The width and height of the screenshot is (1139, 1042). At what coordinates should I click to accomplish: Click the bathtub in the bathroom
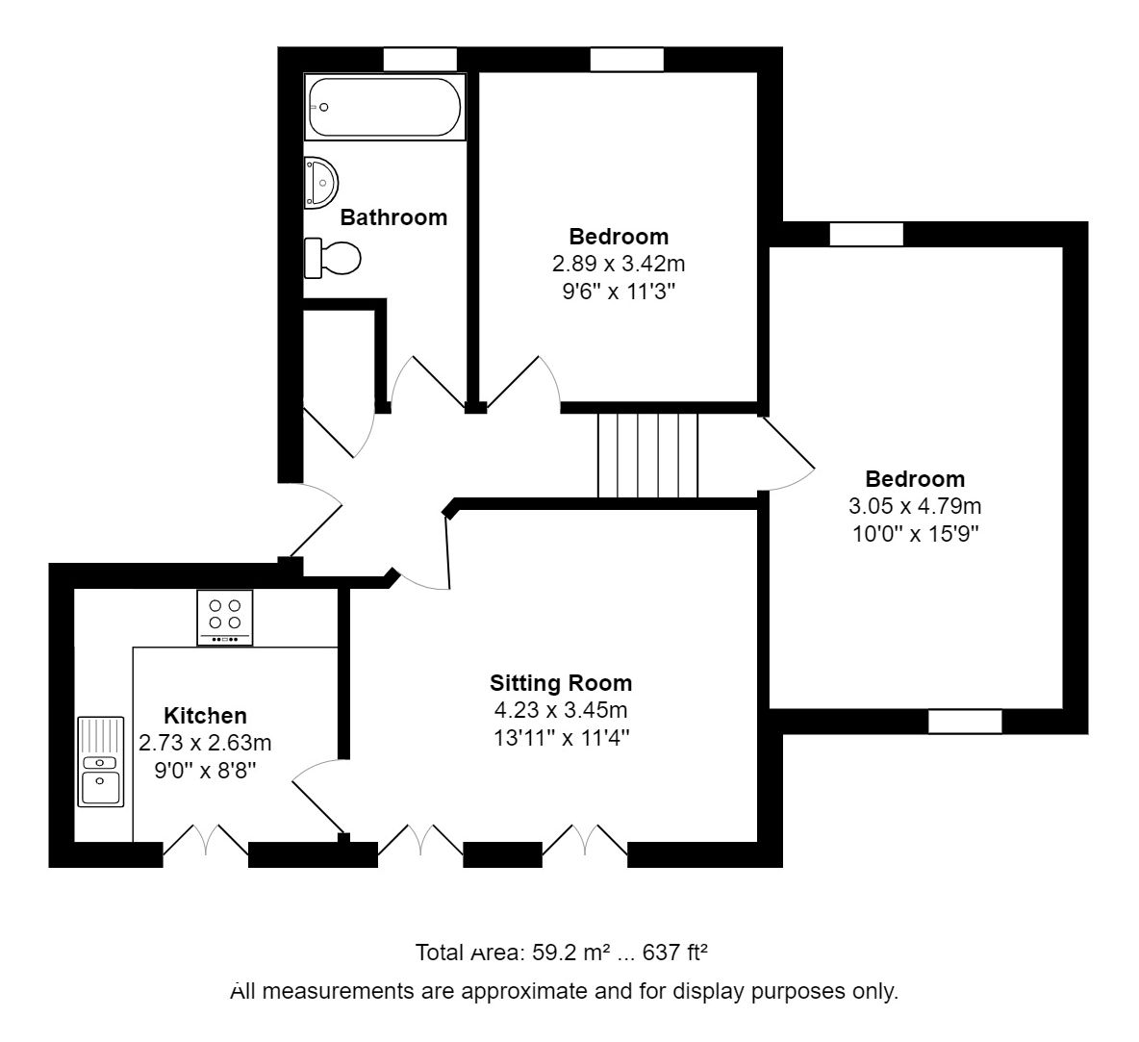pos(385,108)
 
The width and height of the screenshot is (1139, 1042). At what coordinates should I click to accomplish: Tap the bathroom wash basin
pos(321,183)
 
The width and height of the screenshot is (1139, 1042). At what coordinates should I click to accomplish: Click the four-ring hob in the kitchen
pos(225,617)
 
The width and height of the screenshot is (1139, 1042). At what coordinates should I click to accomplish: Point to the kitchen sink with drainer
pos(100,761)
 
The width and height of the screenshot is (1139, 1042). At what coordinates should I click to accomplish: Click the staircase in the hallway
pos(647,455)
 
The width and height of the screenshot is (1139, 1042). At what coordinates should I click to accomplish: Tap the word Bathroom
pos(393,217)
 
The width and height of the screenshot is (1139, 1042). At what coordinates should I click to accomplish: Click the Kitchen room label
pos(205,716)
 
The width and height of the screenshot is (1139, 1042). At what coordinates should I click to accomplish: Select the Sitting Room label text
pos(561,683)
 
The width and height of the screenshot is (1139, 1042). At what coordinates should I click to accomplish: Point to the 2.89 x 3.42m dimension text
pos(618,264)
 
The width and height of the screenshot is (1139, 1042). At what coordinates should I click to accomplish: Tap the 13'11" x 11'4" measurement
pos(561,738)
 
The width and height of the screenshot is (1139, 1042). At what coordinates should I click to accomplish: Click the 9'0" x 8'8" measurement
pos(205,771)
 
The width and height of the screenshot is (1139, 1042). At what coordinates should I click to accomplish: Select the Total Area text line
pos(562,953)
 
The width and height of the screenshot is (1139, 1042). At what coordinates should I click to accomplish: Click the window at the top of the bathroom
pos(419,60)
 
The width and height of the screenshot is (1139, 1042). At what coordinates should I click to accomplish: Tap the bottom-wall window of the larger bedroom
pos(965,722)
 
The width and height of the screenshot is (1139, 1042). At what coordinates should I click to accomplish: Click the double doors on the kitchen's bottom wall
pos(206,840)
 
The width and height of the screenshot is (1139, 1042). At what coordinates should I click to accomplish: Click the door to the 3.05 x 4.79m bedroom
pos(789,452)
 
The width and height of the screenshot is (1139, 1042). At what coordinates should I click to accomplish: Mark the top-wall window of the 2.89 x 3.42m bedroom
pos(627,60)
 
